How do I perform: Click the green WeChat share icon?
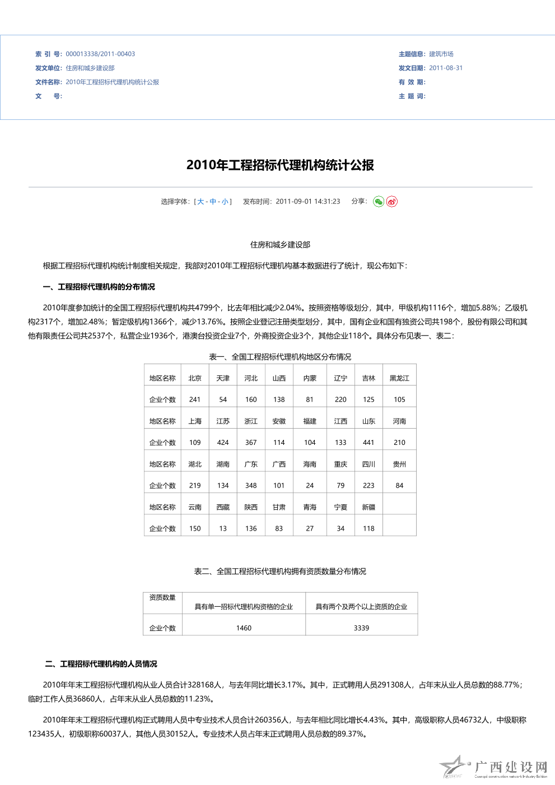tap(379, 202)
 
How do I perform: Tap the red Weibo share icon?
tap(392, 202)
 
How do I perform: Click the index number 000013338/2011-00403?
tap(100, 54)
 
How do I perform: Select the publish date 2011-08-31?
tap(446, 68)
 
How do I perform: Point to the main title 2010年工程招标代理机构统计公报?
tap(280, 165)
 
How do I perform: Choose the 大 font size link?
tap(200, 202)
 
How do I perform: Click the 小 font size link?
tap(225, 202)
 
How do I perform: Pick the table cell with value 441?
tap(369, 443)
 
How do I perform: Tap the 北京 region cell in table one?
tap(195, 378)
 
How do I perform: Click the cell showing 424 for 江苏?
tap(223, 443)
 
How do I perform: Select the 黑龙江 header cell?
tap(399, 378)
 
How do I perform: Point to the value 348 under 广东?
tap(251, 486)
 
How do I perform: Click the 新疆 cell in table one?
tap(369, 507)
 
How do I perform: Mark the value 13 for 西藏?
tap(223, 528)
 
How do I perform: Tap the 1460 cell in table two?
tap(244, 628)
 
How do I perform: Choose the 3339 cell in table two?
tap(361, 628)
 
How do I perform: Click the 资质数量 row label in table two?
tap(162, 598)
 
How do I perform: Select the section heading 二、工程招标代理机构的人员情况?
tap(101, 664)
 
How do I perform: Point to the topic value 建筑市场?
tap(441, 54)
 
